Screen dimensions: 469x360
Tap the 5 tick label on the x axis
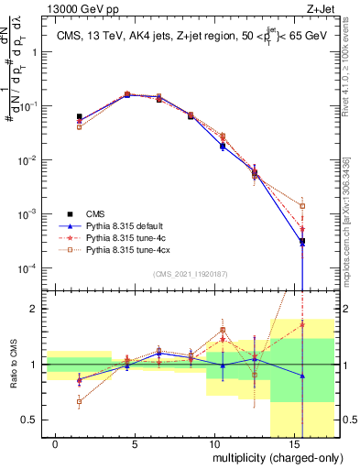pyautogui.click(x=136, y=442)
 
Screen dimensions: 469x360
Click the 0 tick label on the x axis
pyautogui.click(x=56, y=442)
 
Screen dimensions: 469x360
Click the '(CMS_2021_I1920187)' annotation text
pyautogui.click(x=191, y=273)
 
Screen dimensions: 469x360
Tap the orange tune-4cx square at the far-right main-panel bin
pyautogui.click(x=302, y=206)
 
